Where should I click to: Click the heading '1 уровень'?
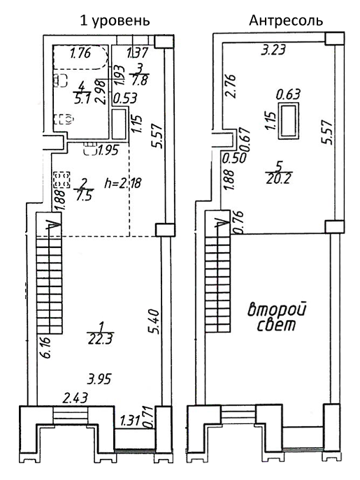116,20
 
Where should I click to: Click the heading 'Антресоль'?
286,20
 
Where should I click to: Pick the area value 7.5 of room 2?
83,195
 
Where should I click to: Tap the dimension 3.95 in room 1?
99,380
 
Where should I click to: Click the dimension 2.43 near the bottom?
75,398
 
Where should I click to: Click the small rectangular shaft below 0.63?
287,120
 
